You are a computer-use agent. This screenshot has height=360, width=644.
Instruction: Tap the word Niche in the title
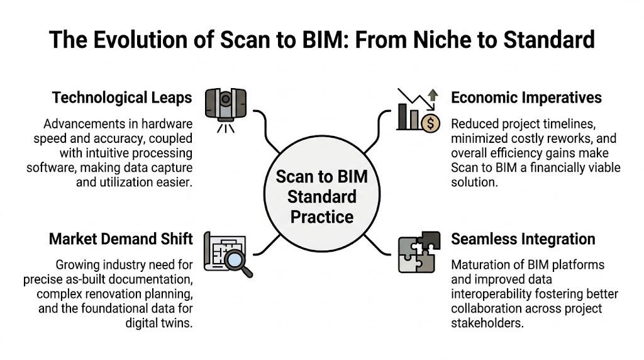point(425,40)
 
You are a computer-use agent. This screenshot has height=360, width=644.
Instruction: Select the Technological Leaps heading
point(123,98)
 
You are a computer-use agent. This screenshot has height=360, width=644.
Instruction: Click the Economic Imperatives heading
point(526,98)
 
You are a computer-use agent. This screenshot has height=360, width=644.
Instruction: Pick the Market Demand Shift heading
point(121,239)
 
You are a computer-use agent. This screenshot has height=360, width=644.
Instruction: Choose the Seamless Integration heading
point(523,239)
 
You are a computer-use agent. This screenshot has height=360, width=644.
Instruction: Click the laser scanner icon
point(225,107)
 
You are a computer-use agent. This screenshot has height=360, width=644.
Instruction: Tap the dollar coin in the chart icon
point(431,121)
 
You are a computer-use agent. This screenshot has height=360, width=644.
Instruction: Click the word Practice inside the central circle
point(322,217)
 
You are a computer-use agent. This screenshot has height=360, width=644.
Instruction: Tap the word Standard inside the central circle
point(322,197)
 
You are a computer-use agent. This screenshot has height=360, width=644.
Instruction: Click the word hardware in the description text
point(164,123)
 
